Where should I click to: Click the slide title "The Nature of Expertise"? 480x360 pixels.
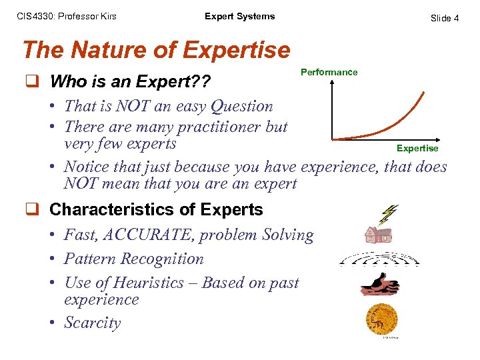coord(156,50)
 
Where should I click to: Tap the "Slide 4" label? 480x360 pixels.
coord(444,18)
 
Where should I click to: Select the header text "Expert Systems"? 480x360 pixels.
coord(239,17)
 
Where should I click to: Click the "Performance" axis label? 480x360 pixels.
coord(329,72)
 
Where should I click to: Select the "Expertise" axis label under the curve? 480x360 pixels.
coord(417,148)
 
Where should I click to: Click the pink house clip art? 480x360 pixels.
coord(378,234)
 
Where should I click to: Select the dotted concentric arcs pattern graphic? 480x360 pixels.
coord(379,259)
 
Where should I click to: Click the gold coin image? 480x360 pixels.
coord(381,319)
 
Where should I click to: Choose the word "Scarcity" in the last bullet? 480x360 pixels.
coord(93,323)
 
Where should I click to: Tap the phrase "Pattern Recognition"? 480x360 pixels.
coord(133,259)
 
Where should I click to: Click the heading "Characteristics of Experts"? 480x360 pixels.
coord(156,209)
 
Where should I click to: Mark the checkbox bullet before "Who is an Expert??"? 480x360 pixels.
coord(31,82)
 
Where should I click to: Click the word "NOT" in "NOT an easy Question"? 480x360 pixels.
coord(132,106)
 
